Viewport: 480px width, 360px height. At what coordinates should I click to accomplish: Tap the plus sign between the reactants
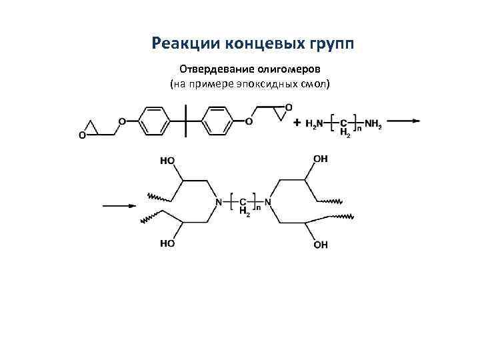297,123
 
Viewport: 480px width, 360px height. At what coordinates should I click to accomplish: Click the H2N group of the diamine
313,123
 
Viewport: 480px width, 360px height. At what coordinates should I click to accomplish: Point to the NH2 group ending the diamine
373,123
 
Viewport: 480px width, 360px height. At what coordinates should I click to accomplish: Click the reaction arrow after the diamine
403,121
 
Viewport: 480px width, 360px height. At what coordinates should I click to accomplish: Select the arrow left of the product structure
119,206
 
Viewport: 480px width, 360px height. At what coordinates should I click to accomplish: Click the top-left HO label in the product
167,160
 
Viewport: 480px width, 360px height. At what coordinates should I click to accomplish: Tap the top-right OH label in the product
321,159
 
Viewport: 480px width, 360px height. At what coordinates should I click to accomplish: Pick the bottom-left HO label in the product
167,244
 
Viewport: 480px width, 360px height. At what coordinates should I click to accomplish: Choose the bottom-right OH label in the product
321,245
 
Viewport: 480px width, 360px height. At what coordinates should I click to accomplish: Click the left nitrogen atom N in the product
218,202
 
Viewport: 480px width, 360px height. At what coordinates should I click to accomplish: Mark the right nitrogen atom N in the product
267,202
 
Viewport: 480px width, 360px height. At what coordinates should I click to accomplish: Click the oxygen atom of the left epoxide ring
83,135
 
